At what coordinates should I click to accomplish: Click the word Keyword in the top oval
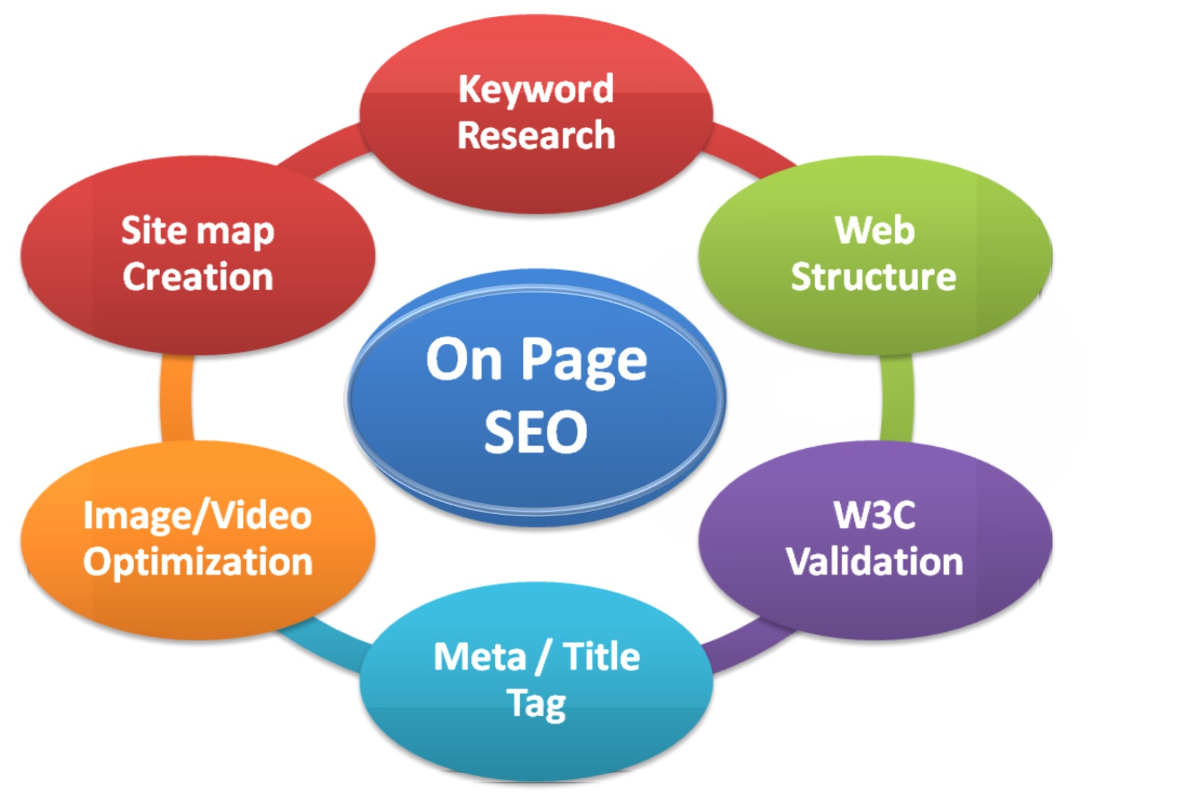tap(536, 89)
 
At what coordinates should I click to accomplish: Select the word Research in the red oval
tap(536, 135)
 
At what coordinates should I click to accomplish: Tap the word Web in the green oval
tap(875, 230)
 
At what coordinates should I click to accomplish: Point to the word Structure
tap(873, 277)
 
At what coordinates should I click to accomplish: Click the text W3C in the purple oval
tap(875, 515)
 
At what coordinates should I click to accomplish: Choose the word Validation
tap(875, 562)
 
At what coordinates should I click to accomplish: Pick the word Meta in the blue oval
tap(480, 657)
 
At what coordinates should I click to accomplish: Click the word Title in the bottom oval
tap(601, 657)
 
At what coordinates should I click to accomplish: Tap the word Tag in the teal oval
tap(536, 704)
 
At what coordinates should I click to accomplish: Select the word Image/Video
tap(198, 515)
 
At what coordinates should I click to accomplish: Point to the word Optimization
tap(198, 563)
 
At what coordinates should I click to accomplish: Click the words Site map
tap(198, 231)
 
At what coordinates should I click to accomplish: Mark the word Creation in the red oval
tap(198, 277)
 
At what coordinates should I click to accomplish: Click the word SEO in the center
tap(535, 432)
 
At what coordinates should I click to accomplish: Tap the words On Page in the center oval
tap(536, 360)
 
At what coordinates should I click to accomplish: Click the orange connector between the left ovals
tap(177, 398)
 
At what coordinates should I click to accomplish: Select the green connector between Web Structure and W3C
tap(897, 398)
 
